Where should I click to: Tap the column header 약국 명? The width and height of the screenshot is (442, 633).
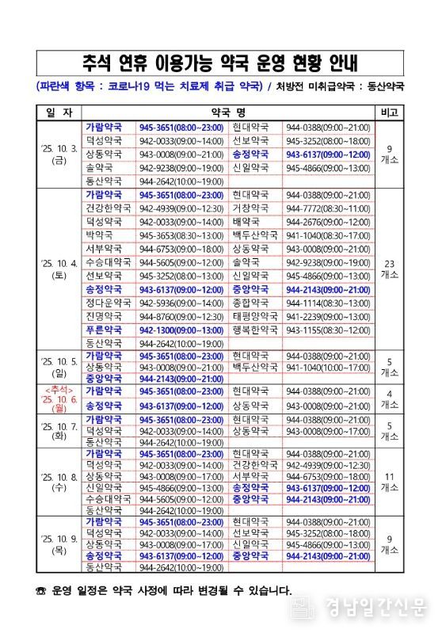click(x=229, y=111)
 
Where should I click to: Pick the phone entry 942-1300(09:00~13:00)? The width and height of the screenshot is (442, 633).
click(x=181, y=330)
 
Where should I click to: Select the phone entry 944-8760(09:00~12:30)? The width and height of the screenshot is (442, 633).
click(x=181, y=317)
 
